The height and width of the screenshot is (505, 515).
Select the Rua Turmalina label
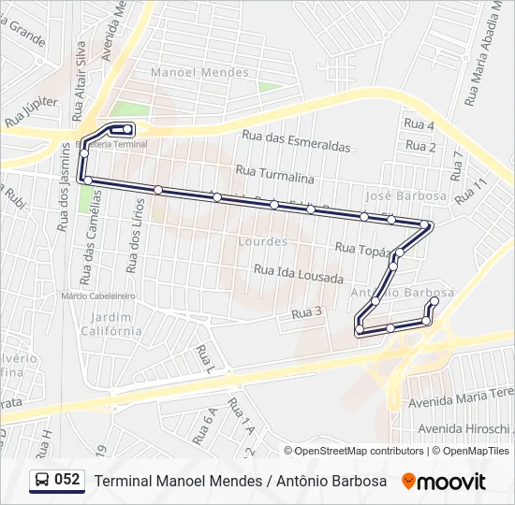(x=274, y=172)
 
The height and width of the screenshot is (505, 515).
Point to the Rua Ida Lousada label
(x=299, y=273)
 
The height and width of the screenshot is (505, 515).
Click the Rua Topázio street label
(x=360, y=249)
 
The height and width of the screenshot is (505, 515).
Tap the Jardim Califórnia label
(x=111, y=324)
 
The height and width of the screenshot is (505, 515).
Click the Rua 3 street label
(x=307, y=312)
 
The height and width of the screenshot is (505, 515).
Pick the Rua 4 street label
(x=419, y=124)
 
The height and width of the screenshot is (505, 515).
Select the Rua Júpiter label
(x=31, y=111)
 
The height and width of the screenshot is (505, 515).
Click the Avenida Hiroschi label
(x=465, y=428)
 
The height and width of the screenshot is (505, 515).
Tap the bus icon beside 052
(x=42, y=481)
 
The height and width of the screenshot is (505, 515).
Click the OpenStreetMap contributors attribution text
(x=359, y=451)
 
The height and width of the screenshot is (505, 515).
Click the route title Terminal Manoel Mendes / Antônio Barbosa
(x=242, y=481)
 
